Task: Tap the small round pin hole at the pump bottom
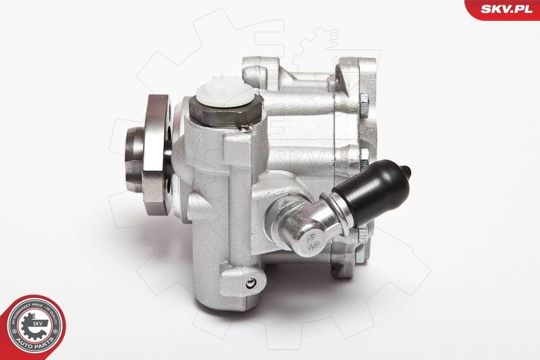tap(252, 284)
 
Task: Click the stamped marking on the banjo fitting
tap(310, 239)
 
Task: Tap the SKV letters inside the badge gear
tap(35, 324)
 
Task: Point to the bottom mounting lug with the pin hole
tap(246, 284)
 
